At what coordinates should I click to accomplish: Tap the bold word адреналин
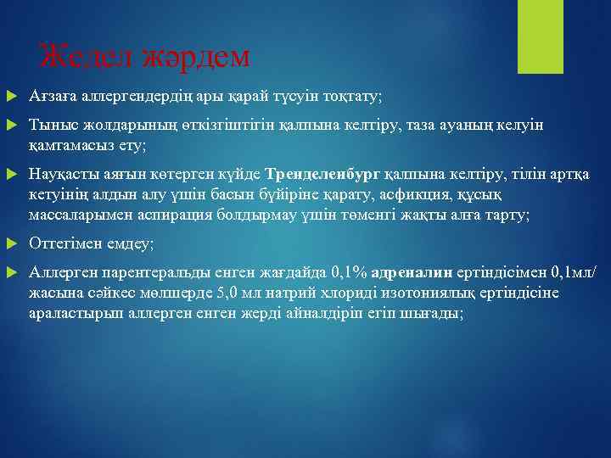[407, 274]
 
